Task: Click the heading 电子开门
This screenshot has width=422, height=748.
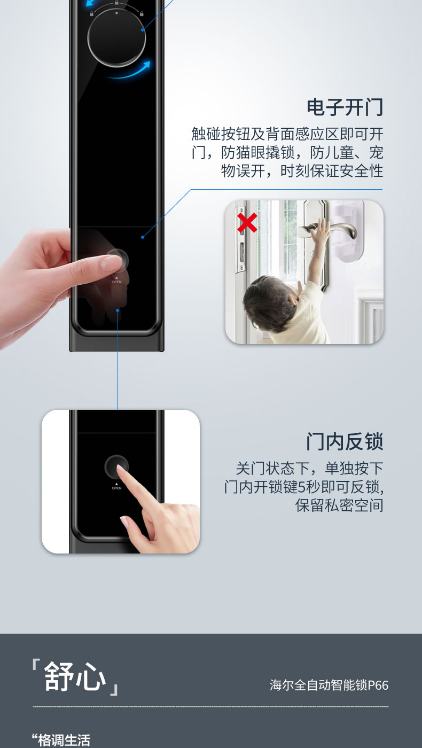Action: pos(345,107)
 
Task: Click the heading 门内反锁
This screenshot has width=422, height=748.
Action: pos(345,442)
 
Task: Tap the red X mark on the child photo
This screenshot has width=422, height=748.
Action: pos(246,223)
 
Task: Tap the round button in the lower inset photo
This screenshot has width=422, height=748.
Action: pos(116,467)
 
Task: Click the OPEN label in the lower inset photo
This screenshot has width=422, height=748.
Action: pos(116,488)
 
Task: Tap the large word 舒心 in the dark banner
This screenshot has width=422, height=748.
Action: pos(75,676)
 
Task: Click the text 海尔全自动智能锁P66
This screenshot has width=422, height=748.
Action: pos(329,685)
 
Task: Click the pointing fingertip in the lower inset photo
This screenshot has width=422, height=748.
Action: pos(121,469)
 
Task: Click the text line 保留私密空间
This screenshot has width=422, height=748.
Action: pos(339,505)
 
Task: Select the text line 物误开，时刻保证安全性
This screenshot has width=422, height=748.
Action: pos(302,171)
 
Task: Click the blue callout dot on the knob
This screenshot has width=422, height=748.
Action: pos(143,30)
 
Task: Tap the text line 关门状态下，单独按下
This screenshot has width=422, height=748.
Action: pos(309,469)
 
